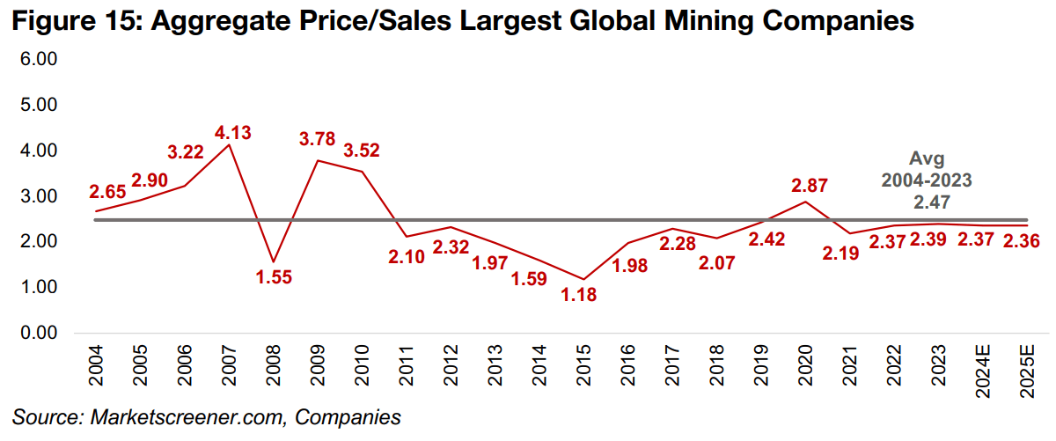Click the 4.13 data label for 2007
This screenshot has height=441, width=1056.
tap(233, 134)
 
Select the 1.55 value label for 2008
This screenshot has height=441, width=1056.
tap(274, 276)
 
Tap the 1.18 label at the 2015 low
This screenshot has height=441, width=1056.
tap(579, 295)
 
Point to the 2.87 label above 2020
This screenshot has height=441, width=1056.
tap(810, 186)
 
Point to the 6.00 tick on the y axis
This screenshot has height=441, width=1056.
tap(38, 60)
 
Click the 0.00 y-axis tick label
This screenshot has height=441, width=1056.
tap(38, 334)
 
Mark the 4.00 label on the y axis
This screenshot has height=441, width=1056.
tap(38, 151)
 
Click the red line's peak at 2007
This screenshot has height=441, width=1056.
tap(231, 145)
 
